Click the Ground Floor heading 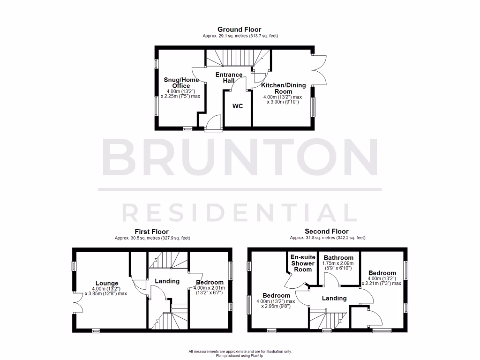point(240,30)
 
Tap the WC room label point(238,106)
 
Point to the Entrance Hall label point(229,78)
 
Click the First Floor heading point(151,232)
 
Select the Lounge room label point(106,283)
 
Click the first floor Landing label point(167,281)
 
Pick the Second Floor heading point(327,231)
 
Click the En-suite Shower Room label point(302,263)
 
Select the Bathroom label point(338,258)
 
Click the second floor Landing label point(334,298)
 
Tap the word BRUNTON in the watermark point(240,157)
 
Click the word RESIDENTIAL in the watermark point(240,212)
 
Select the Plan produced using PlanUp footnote point(240,355)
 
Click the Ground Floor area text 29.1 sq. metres point(240,36)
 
